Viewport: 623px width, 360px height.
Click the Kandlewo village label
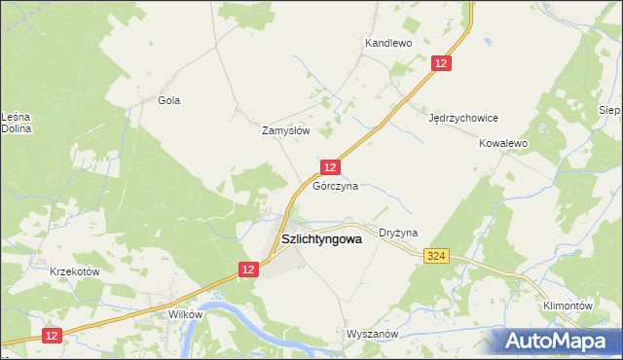tap(388, 44)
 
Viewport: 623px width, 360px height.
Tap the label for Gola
tap(169, 100)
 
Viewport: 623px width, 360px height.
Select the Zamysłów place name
tap(286, 130)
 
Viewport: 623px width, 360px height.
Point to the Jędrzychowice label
tap(463, 118)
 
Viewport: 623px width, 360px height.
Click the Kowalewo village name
tap(502, 143)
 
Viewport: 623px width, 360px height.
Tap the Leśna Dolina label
tap(18, 122)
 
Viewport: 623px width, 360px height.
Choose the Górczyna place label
tap(336, 185)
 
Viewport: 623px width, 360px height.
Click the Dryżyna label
tap(398, 234)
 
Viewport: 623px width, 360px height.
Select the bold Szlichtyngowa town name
tap(321, 237)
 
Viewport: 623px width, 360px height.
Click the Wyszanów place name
tap(373, 334)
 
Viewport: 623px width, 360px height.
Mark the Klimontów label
tap(568, 306)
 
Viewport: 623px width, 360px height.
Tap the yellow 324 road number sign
tap(436, 256)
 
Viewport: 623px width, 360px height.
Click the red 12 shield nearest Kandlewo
tap(442, 62)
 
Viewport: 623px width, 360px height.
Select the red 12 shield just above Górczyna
tap(330, 167)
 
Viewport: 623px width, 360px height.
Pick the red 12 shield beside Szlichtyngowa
tap(248, 270)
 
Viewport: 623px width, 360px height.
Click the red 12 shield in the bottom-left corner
tap(52, 335)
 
